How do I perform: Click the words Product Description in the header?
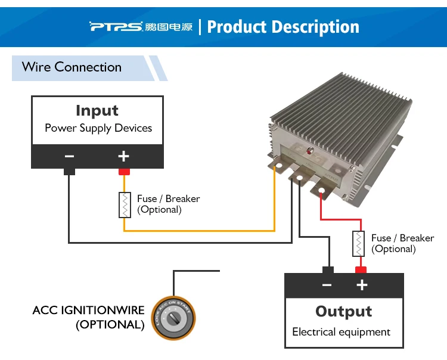(x=283, y=27)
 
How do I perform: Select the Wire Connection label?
(x=72, y=67)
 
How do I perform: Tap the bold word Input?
(x=97, y=111)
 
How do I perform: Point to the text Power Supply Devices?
(x=98, y=128)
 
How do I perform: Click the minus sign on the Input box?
(x=70, y=156)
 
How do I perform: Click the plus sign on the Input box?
(x=123, y=156)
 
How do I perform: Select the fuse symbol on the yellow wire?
(x=125, y=205)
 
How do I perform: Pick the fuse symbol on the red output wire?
(x=359, y=243)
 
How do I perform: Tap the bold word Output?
(x=344, y=312)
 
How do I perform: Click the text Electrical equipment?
(x=342, y=332)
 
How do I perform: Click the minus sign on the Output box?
(x=327, y=285)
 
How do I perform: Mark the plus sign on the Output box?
(x=361, y=285)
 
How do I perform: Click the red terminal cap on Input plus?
(x=124, y=172)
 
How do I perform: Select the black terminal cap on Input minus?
(x=69, y=172)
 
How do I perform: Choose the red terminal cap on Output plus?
(x=360, y=269)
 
